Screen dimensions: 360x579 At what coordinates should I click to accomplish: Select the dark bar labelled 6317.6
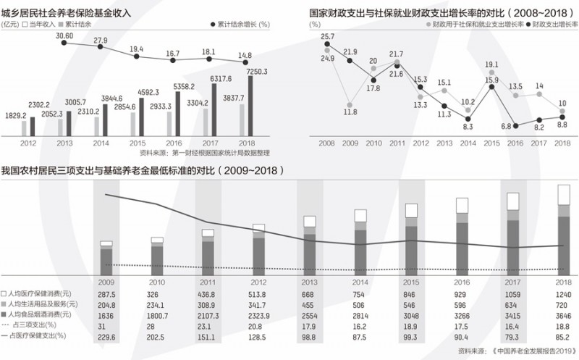[215, 109]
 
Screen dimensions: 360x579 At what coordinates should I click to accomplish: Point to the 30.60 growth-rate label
[64, 35]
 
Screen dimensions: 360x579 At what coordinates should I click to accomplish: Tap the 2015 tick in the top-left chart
[138, 143]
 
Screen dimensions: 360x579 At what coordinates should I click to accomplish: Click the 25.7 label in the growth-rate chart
[327, 36]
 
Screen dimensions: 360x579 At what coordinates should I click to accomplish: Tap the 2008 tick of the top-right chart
[327, 143]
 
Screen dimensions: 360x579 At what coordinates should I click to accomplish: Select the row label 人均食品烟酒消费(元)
[40, 317]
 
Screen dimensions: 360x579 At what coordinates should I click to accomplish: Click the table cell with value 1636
[106, 317]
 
